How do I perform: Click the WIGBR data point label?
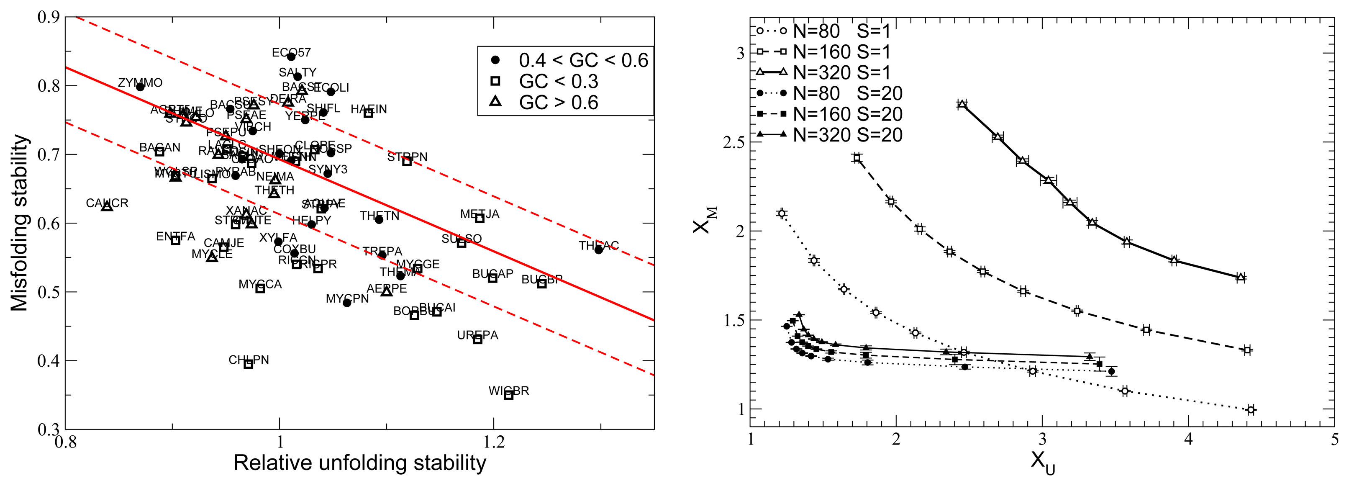508,391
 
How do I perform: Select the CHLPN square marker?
249,364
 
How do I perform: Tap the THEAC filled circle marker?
599,250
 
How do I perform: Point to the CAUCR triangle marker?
107,207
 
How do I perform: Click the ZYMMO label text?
140,83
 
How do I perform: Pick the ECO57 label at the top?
291,52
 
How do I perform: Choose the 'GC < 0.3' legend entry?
558,81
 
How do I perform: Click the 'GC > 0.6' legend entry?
558,102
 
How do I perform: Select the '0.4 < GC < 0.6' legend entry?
583,60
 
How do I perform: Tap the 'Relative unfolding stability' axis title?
360,463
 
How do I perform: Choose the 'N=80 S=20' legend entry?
847,93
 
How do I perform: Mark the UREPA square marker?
477,339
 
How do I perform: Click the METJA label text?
480,214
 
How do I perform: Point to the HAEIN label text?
369,109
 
